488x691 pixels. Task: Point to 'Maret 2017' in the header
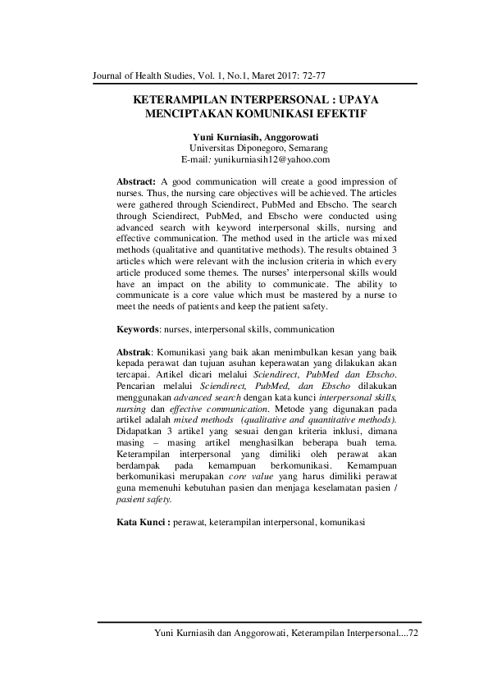[x=259, y=76]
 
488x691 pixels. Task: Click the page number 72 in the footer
[x=413, y=634]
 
